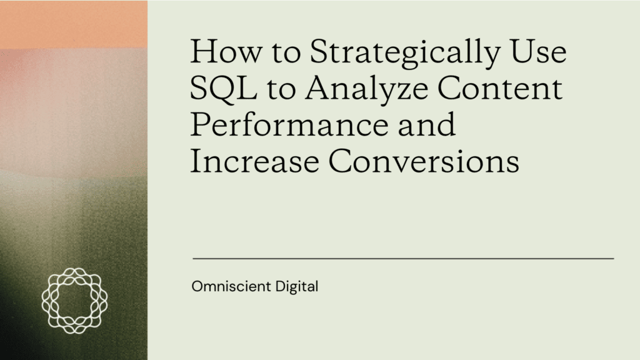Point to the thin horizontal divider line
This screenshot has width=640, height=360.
coord(403,257)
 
